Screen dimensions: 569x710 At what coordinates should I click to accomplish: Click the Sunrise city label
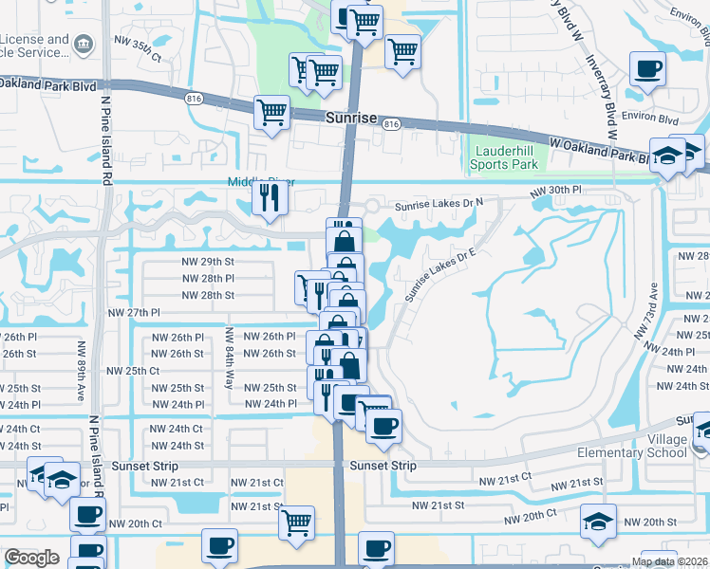coord(351,121)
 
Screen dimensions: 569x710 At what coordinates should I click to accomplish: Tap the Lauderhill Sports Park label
coord(504,157)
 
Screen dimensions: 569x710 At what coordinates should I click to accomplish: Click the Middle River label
coord(260,182)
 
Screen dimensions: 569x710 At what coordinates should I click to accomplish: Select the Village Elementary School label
coord(632,446)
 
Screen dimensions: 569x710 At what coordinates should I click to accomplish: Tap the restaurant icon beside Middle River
coord(270,196)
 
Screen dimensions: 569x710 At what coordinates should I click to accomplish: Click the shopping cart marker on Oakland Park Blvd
coord(272,112)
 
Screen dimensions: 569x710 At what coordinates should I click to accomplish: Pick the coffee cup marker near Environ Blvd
coord(648,68)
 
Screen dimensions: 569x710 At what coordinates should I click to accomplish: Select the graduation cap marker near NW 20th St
coord(599,521)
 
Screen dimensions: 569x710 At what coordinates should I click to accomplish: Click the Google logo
coord(31,558)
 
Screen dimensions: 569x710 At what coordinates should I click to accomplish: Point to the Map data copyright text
coord(669,561)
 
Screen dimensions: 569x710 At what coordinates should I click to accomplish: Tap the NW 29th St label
coord(208,261)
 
